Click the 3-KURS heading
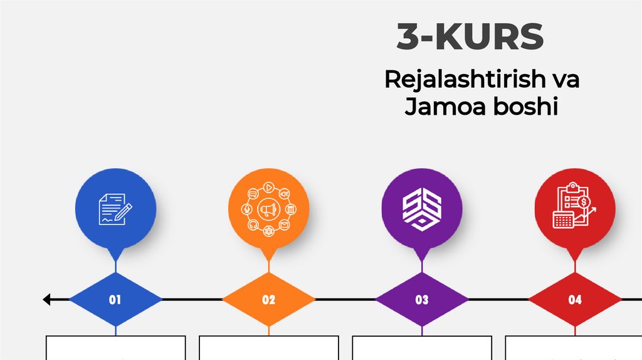pyautogui.click(x=470, y=38)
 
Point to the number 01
pyautogui.click(x=115, y=300)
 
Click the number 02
pyautogui.click(x=268, y=300)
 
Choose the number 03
pyautogui.click(x=422, y=300)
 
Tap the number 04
pyautogui.click(x=575, y=300)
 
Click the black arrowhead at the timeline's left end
pyautogui.click(x=47, y=300)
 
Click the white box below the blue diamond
pyautogui.click(x=115, y=348)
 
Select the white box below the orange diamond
pyautogui.click(x=268, y=348)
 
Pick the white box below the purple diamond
pyautogui.click(x=422, y=348)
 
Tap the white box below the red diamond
pyautogui.click(x=574, y=348)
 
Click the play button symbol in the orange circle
pyautogui.click(x=268, y=187)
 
